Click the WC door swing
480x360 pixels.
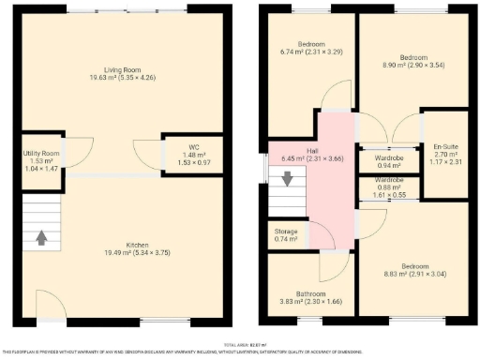pyautogui.click(x=148, y=152)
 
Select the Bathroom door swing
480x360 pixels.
pyautogui.click(x=332, y=266)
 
